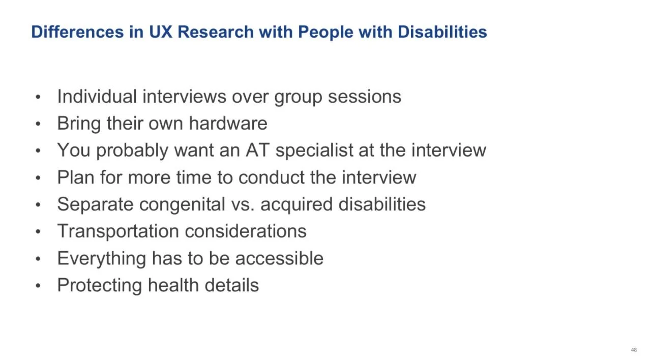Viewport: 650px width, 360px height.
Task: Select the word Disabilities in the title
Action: click(x=442, y=32)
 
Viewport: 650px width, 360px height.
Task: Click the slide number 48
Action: click(x=633, y=350)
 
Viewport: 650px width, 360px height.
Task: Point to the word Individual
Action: click(x=97, y=97)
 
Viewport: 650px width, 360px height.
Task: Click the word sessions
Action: click(x=364, y=97)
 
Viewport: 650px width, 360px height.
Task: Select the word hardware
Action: click(x=228, y=124)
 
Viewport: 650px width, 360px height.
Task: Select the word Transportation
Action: click(x=119, y=231)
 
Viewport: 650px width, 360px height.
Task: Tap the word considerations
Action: click(x=246, y=231)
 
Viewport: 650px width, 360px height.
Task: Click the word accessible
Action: click(x=279, y=258)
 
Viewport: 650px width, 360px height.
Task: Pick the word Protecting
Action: click(x=100, y=285)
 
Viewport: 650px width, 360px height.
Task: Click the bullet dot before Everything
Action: click(x=38, y=259)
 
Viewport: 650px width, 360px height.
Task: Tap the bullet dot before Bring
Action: click(x=38, y=124)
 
